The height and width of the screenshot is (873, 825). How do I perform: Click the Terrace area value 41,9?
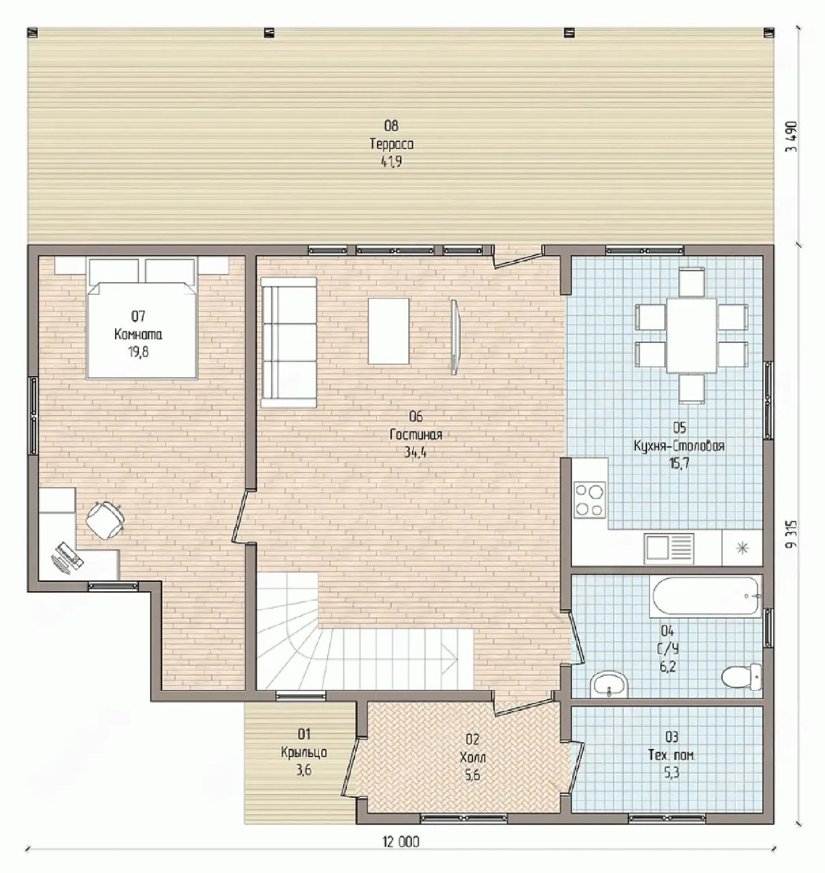(391, 162)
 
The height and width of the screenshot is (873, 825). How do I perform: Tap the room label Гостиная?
(416, 434)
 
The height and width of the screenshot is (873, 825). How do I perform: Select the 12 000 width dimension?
(400, 841)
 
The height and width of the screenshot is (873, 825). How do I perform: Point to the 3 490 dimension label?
(792, 136)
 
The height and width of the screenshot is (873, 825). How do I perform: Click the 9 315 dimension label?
(792, 535)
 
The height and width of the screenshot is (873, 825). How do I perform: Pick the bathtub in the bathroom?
(706, 596)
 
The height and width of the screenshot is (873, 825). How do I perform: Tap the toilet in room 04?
(741, 677)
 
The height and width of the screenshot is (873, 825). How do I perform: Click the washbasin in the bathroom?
(609, 683)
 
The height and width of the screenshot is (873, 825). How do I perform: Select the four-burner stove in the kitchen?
(590, 500)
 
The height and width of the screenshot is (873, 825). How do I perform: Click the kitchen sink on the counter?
(669, 546)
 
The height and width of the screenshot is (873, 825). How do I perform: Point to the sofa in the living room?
(288, 342)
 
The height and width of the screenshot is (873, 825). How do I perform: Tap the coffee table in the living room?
(389, 331)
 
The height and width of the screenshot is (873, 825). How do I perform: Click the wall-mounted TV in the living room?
(454, 337)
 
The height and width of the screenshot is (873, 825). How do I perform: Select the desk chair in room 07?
(105, 520)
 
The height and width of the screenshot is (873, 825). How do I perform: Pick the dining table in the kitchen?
(691, 336)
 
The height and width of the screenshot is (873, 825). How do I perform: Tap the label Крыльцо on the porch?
(304, 752)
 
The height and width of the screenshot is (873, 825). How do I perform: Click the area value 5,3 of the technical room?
(672, 773)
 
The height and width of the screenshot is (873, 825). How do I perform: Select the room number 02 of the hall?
(472, 739)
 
